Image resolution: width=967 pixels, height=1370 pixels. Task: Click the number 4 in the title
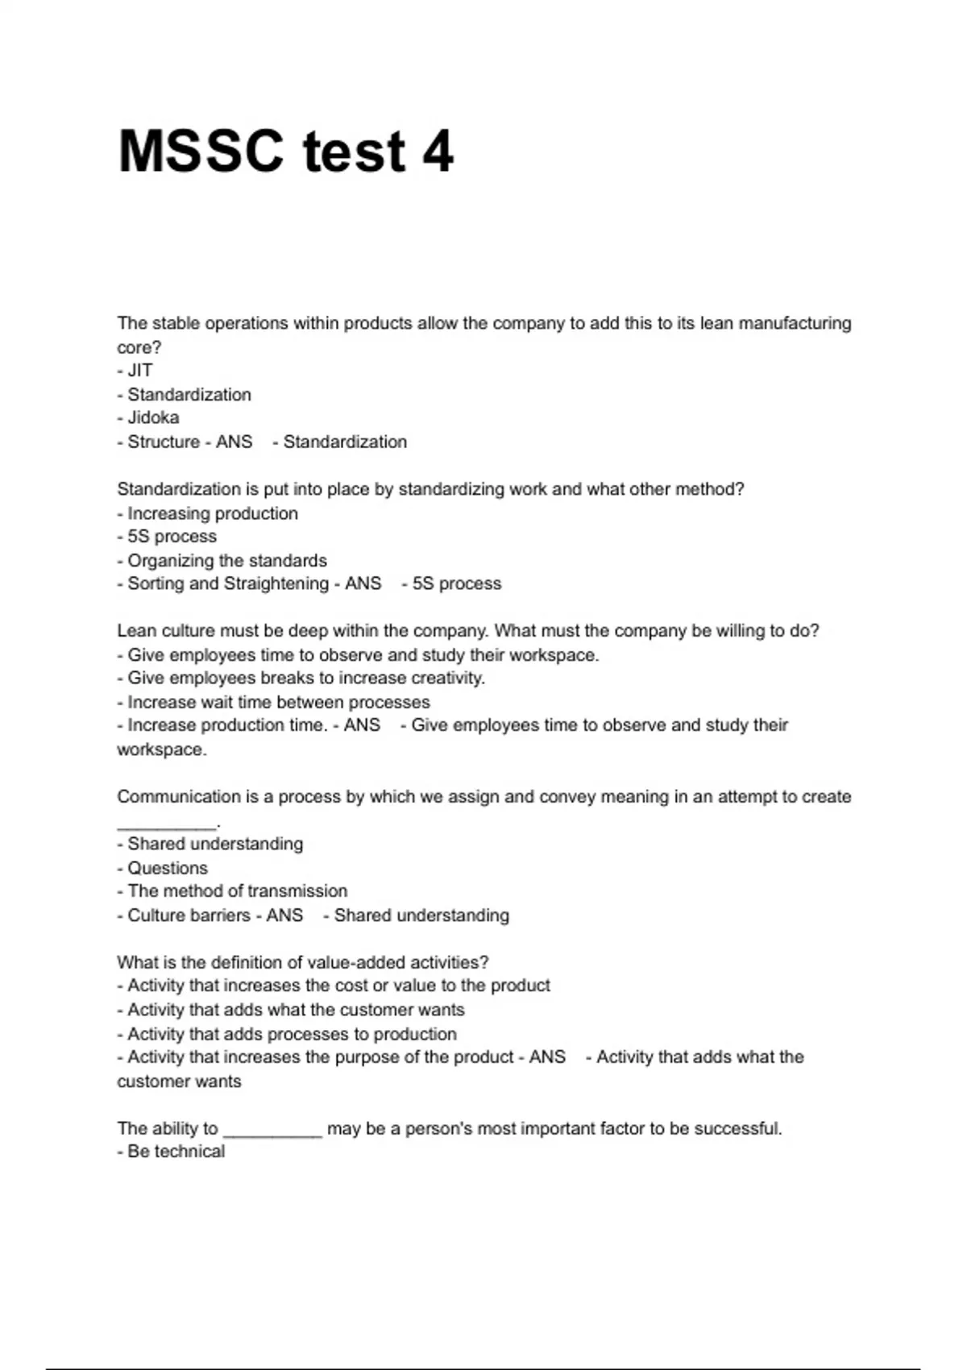(438, 152)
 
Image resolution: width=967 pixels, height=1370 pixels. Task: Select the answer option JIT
(139, 371)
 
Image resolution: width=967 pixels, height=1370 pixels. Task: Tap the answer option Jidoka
(153, 418)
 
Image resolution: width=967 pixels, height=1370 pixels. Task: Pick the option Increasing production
(212, 513)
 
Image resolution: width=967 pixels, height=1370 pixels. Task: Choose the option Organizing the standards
(226, 561)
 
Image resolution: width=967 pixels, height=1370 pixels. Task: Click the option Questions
(167, 868)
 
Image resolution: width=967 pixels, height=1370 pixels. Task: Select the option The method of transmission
(237, 891)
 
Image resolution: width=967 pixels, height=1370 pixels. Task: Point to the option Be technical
(176, 1152)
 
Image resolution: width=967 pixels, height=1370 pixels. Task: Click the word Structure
(164, 442)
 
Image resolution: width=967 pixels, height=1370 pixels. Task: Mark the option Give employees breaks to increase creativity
(305, 679)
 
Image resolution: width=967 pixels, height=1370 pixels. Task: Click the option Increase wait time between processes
(278, 702)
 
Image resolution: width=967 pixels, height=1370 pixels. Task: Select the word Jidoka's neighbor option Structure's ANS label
(234, 442)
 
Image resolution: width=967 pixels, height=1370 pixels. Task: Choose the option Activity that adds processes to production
(292, 1034)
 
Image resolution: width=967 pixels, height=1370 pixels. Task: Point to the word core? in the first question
(139, 347)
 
